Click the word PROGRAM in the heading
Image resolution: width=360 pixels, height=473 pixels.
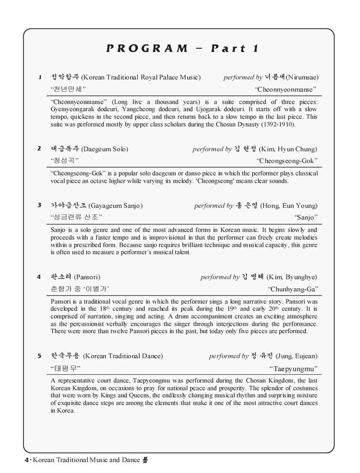[x=148, y=49]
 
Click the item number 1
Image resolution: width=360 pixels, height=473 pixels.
[x=40, y=77]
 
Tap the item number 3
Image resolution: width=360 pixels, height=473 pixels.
[x=39, y=205]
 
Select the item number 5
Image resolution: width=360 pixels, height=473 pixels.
[x=40, y=356]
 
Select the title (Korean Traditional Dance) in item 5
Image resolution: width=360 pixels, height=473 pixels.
[x=123, y=356]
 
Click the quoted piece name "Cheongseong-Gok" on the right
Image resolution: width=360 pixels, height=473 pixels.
[x=287, y=161]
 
